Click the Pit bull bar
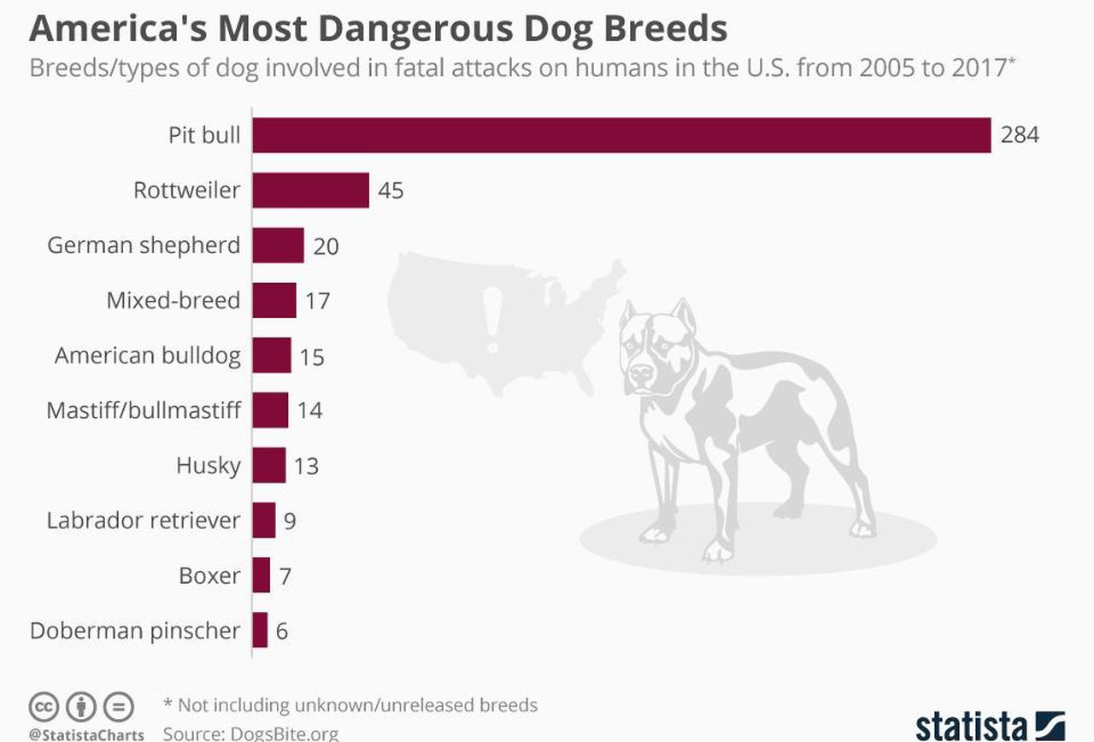point(621,135)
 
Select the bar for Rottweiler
point(311,190)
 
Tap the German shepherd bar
point(278,245)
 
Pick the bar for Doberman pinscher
point(260,630)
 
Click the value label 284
point(1020,135)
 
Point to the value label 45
point(391,190)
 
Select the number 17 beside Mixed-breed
point(317,301)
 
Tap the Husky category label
point(208,465)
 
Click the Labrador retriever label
point(144,520)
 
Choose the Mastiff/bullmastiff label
point(144,410)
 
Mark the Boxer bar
point(261,575)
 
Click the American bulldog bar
point(272,356)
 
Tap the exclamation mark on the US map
point(493,319)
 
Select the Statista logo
point(990,725)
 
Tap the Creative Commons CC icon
point(44,708)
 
